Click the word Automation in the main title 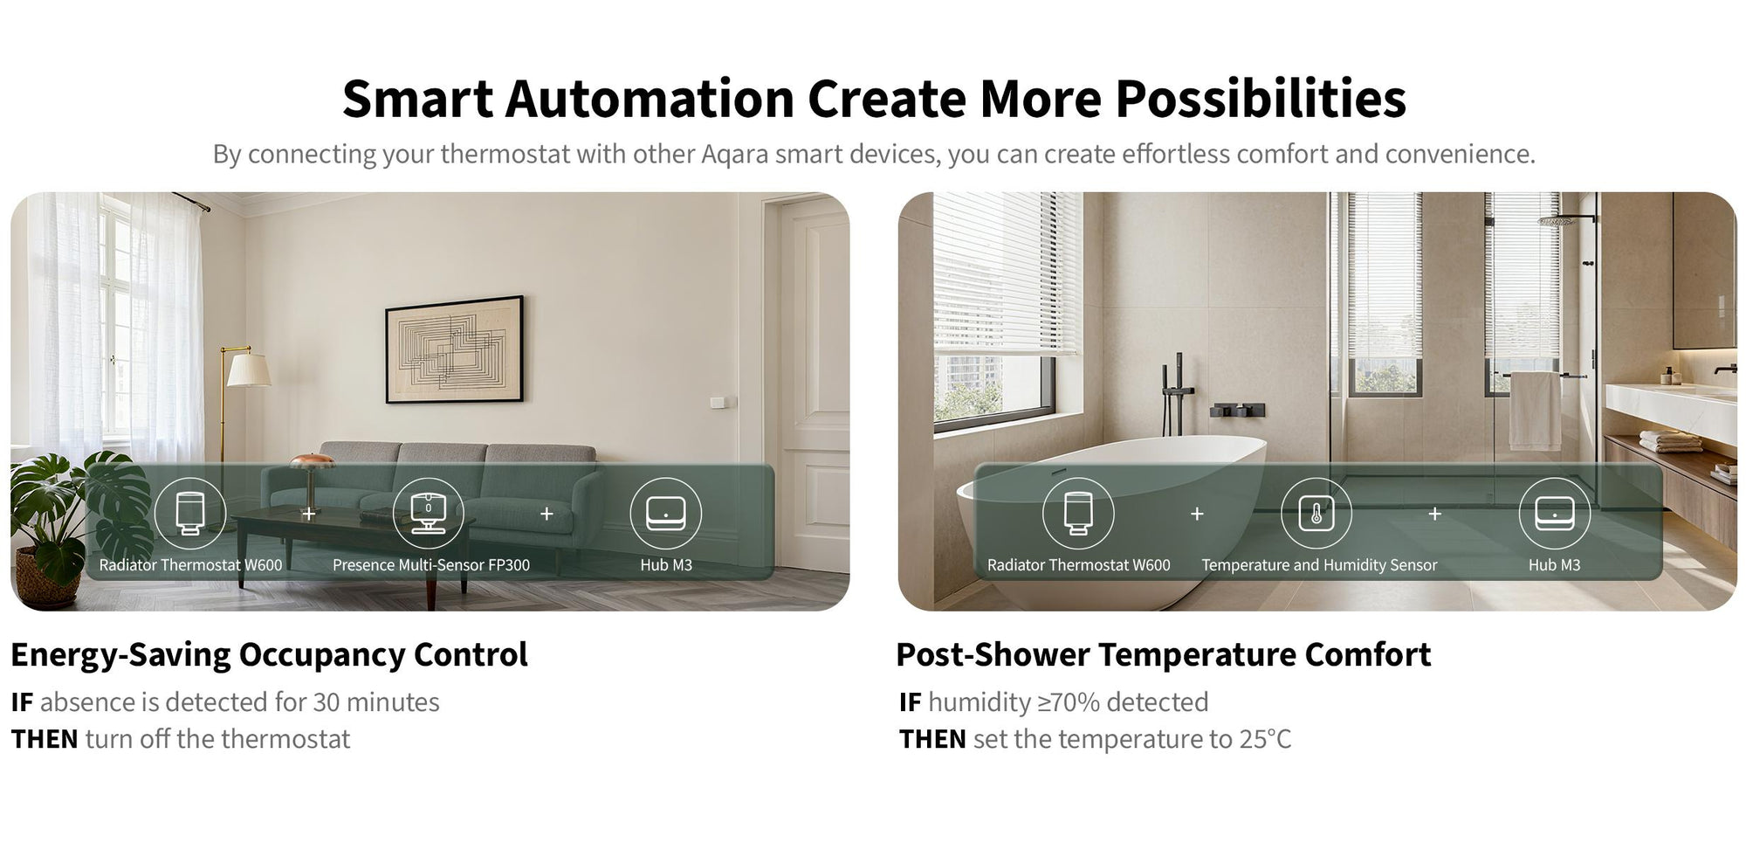[650, 98]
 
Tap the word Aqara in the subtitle [734, 154]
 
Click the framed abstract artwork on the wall [455, 349]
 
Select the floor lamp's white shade [248, 369]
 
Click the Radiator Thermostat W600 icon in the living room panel [189, 513]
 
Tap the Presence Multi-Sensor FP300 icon [428, 513]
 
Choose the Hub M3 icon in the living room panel [665, 513]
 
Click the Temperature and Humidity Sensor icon [1316, 513]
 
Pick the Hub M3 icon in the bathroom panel [1554, 513]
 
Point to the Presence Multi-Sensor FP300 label [431, 565]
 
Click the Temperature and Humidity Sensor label [1319, 565]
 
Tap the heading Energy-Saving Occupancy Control [269, 655]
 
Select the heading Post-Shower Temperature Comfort [1163, 654]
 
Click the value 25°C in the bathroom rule [1265, 739]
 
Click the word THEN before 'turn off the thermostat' [45, 739]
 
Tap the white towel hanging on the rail [1536, 411]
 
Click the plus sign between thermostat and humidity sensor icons [1197, 514]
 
